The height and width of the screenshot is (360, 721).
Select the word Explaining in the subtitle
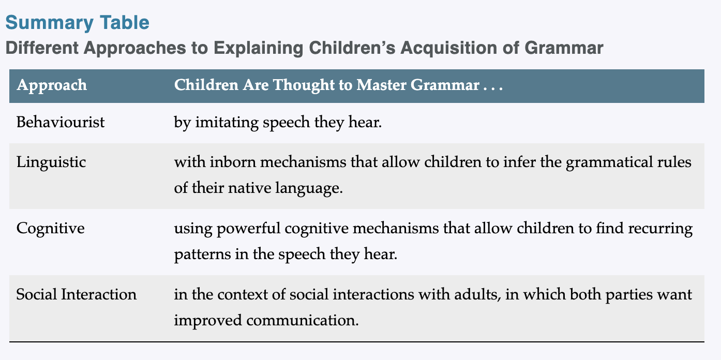(x=258, y=49)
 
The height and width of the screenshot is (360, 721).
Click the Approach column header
(x=52, y=86)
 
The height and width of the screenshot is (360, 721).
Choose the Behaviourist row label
(x=60, y=122)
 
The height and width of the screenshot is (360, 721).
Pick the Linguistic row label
(x=51, y=162)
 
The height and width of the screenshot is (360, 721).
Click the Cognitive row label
(x=50, y=229)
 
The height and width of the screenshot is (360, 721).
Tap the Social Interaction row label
(x=76, y=294)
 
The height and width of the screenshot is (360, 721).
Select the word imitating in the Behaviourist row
(x=227, y=123)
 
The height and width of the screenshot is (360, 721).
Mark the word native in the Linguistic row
(x=249, y=188)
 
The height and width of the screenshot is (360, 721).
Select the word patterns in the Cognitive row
(x=202, y=254)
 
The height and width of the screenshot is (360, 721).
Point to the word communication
(x=302, y=320)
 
